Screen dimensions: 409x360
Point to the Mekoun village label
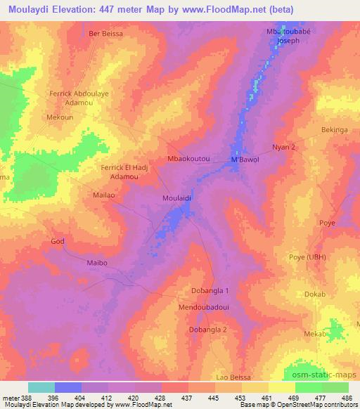pyautogui.click(x=60, y=118)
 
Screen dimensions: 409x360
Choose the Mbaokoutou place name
pyautogui.click(x=189, y=160)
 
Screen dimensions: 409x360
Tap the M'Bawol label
pyautogui.click(x=245, y=160)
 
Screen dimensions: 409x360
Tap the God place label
pyautogui.click(x=57, y=241)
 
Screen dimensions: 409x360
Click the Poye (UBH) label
pyautogui.click(x=305, y=257)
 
